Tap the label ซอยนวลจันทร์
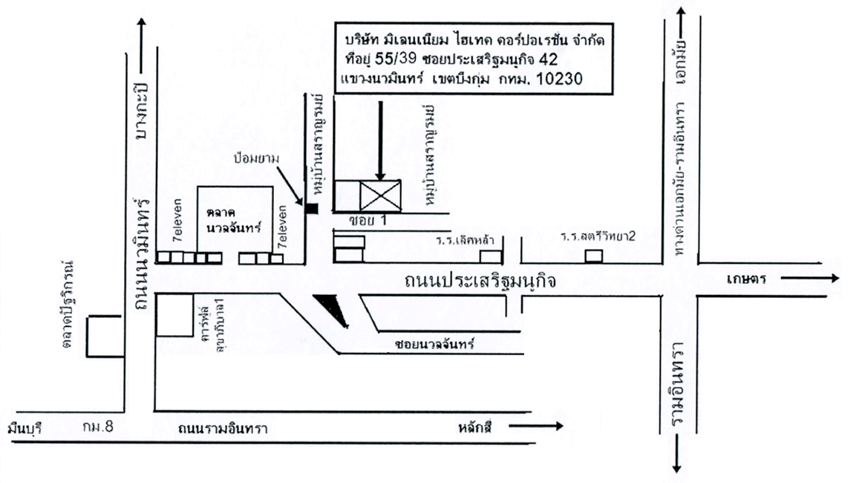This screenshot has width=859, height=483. (x=435, y=344)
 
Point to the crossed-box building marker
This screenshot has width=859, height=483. (x=380, y=195)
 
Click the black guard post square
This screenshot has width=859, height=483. (x=312, y=209)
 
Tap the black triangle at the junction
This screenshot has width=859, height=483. (x=331, y=307)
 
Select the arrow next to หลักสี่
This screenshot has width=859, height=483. (x=541, y=426)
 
